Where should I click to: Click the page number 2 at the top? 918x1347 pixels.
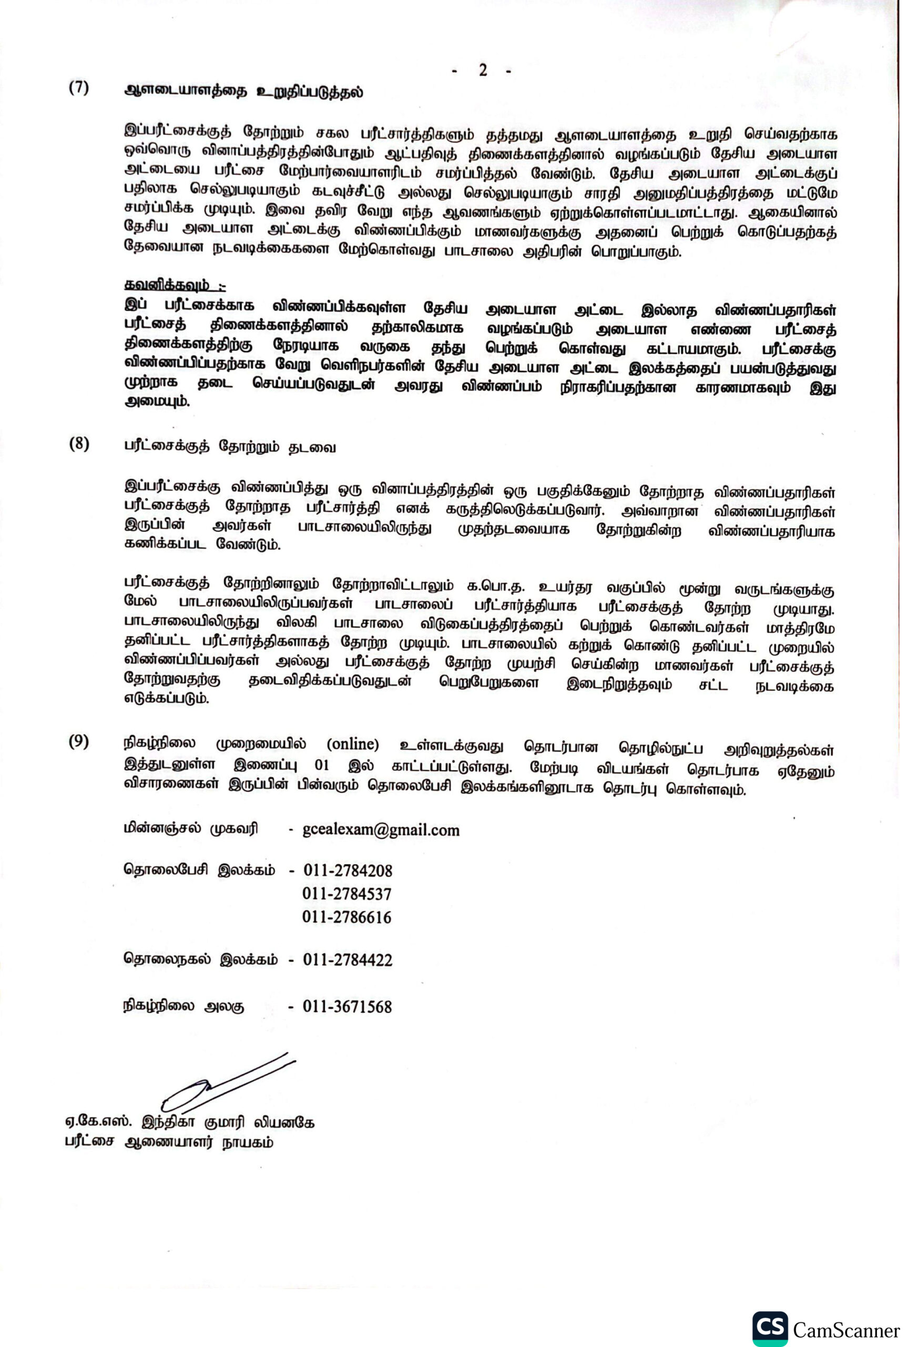pos(483,70)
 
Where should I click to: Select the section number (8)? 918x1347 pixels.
pos(79,445)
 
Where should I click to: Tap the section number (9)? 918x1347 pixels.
pos(79,742)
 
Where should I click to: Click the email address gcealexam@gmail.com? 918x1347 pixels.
pos(381,830)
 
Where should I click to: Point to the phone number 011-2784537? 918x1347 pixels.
pos(347,894)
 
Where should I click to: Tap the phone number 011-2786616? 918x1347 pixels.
pos(347,917)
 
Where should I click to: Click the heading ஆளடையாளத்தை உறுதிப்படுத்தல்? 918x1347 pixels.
pos(244,92)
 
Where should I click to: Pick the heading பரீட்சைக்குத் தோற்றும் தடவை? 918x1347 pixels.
pos(230,447)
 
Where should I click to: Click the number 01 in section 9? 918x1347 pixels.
pos(321,765)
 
